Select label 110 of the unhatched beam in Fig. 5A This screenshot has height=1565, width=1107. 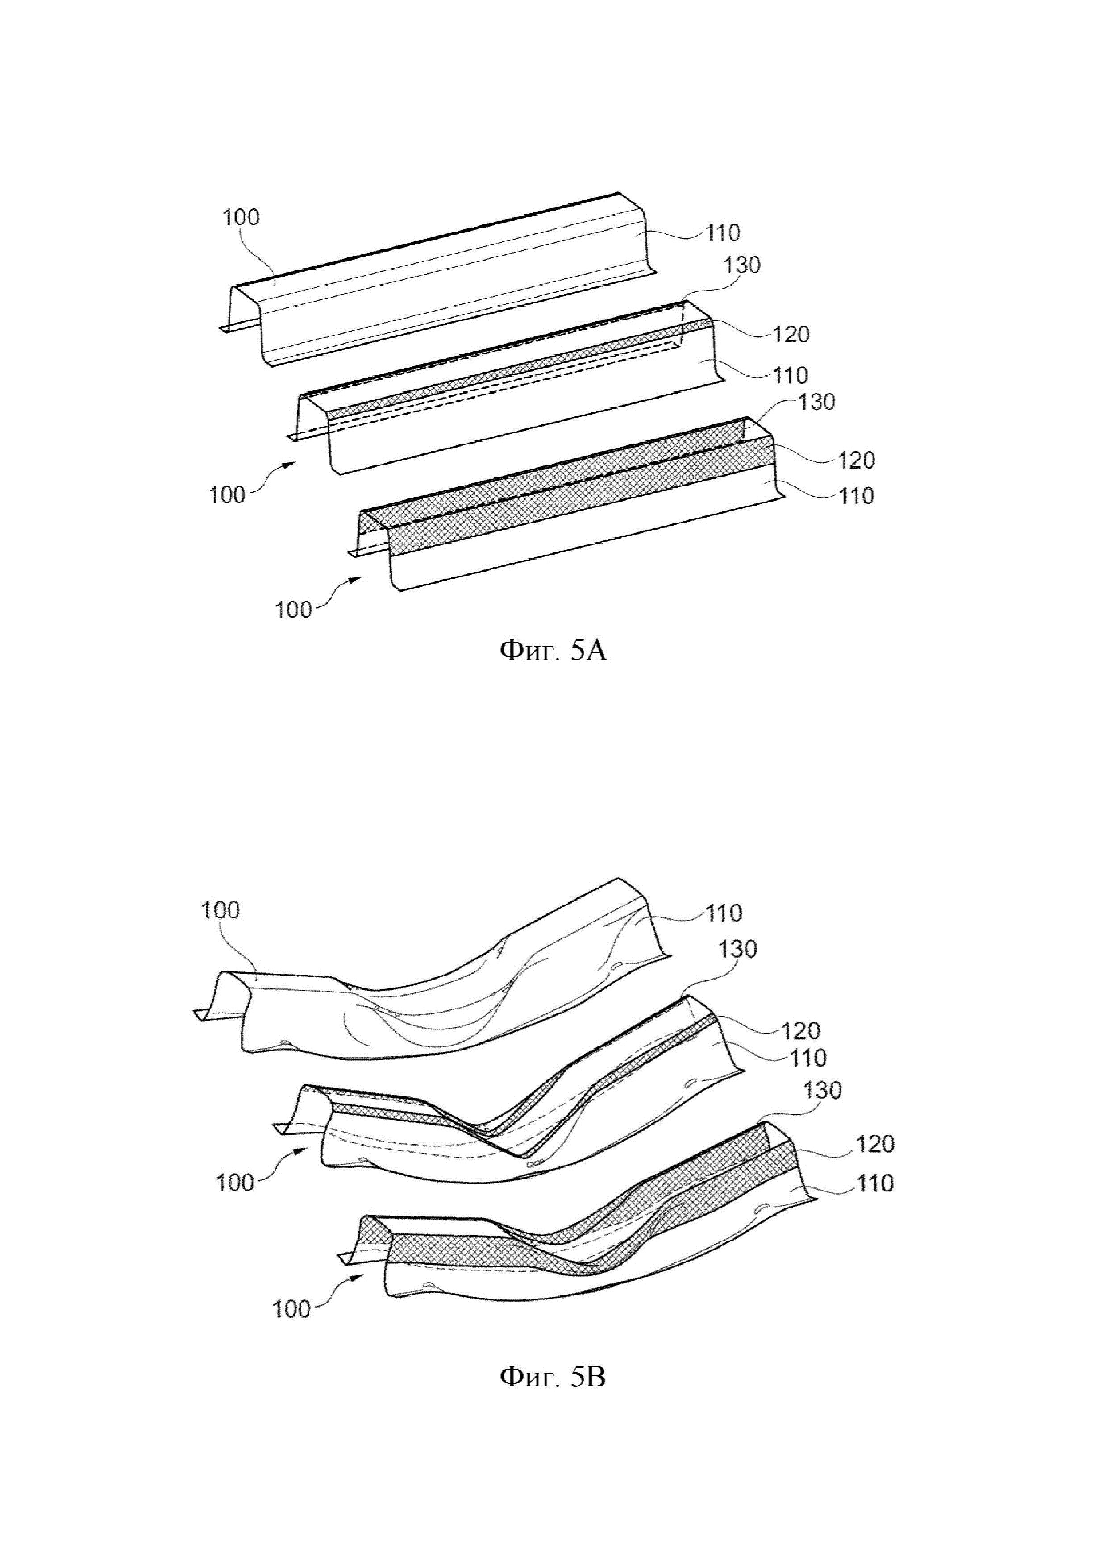click(723, 233)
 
